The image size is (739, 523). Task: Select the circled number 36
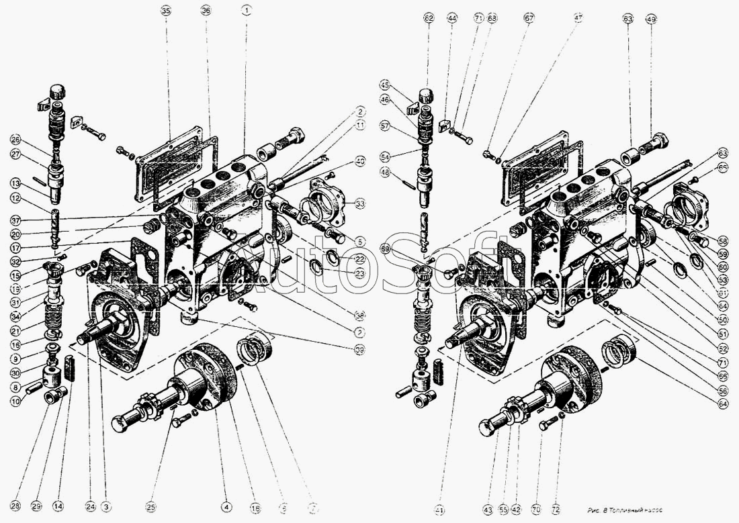click(206, 11)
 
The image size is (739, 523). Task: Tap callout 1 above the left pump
click(247, 11)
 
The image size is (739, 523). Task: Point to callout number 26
click(15, 140)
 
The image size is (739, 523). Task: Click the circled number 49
click(651, 19)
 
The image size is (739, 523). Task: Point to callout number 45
click(385, 85)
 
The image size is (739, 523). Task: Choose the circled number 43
click(487, 509)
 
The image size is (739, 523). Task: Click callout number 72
click(555, 509)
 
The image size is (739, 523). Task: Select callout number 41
click(439, 510)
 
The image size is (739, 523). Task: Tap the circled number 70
click(536, 509)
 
